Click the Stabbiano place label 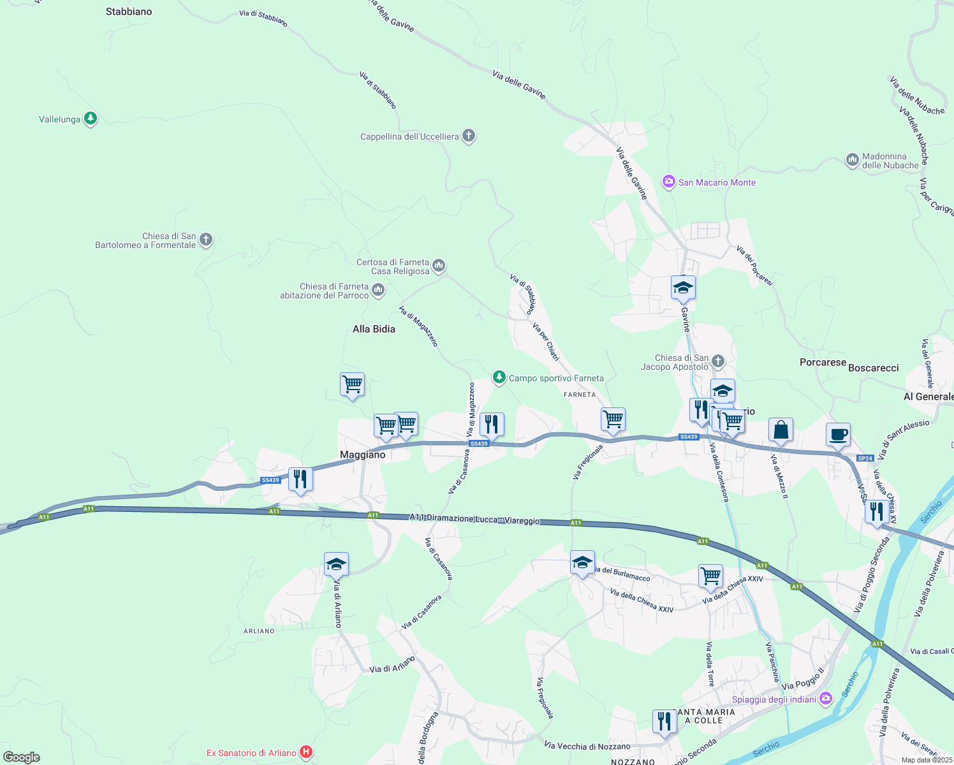coord(129,11)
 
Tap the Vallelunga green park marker coord(91,119)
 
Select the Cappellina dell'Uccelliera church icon coord(469,136)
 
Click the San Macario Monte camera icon coord(668,182)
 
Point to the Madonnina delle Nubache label coord(890,161)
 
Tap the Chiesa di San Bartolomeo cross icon coord(205,240)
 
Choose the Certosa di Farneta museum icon coord(438,266)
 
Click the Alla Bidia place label coord(374,329)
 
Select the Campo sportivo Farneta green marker coord(499,377)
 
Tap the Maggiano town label coord(362,455)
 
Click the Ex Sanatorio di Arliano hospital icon coord(306,752)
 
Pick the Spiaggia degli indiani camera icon coord(826,699)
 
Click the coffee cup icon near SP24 coord(838,435)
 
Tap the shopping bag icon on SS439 coord(781,430)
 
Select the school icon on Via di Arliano coord(336,564)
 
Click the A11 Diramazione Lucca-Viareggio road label coord(474,519)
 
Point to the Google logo coord(22,757)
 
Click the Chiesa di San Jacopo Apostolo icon coord(718,362)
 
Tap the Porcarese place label coord(823,362)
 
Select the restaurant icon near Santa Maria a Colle coord(664,722)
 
